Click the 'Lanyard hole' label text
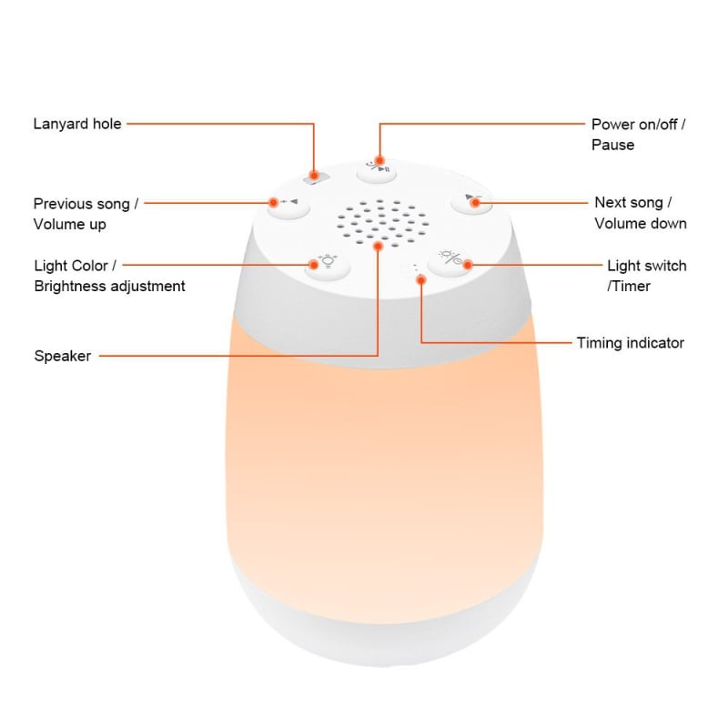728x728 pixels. [x=77, y=123]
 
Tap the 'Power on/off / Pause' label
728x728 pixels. [x=638, y=134]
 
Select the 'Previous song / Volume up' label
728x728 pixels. [x=86, y=213]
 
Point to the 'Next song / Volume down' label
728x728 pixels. [x=641, y=213]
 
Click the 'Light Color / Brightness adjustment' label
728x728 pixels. [x=109, y=276]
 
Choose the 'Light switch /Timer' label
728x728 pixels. [x=646, y=276]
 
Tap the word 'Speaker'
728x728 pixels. [x=62, y=356]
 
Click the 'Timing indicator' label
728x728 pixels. [x=630, y=343]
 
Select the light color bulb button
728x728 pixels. [x=323, y=264]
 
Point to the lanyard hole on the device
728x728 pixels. [x=315, y=176]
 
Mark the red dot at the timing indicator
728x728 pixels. [x=420, y=279]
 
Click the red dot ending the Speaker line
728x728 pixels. [x=377, y=246]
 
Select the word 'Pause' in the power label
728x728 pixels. [x=612, y=145]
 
